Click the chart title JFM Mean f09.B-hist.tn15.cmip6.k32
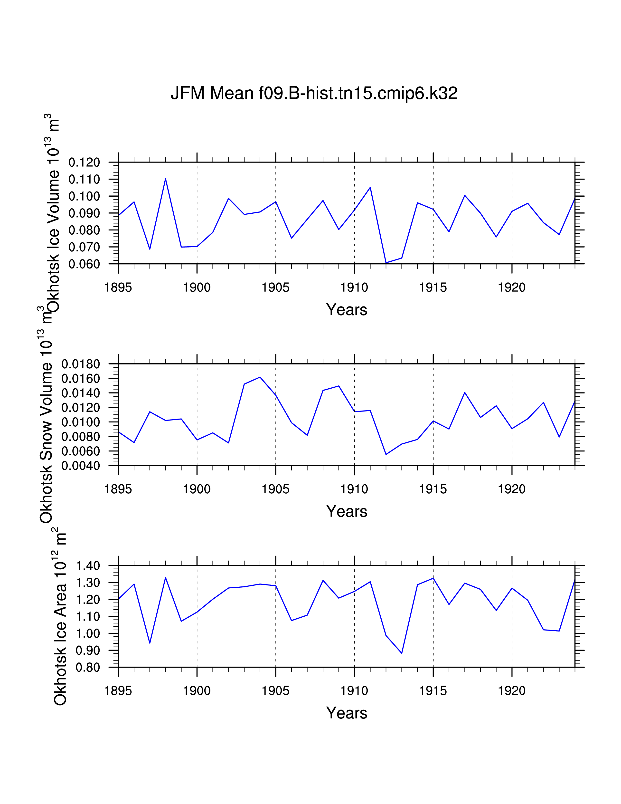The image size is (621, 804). (x=314, y=93)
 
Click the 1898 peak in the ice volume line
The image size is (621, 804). (x=166, y=179)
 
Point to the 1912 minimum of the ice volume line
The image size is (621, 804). (x=386, y=262)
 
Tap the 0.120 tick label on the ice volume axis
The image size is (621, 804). (x=84, y=162)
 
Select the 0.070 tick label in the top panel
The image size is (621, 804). (x=84, y=247)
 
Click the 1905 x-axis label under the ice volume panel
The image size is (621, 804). (x=275, y=287)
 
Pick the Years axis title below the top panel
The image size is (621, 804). (x=347, y=310)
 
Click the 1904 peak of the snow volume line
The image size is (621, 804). (x=260, y=377)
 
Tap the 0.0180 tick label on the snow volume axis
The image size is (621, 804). (x=81, y=364)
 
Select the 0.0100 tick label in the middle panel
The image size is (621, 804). (x=81, y=422)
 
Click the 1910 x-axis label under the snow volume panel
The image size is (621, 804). (x=354, y=489)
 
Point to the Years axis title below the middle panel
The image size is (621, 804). (x=347, y=511)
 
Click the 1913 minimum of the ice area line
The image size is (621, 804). (x=402, y=653)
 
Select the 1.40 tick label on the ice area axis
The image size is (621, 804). (x=88, y=566)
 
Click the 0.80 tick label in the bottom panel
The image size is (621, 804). (x=88, y=667)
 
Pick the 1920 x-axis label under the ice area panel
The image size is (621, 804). (x=512, y=691)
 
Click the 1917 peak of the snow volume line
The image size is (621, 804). (x=465, y=392)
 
